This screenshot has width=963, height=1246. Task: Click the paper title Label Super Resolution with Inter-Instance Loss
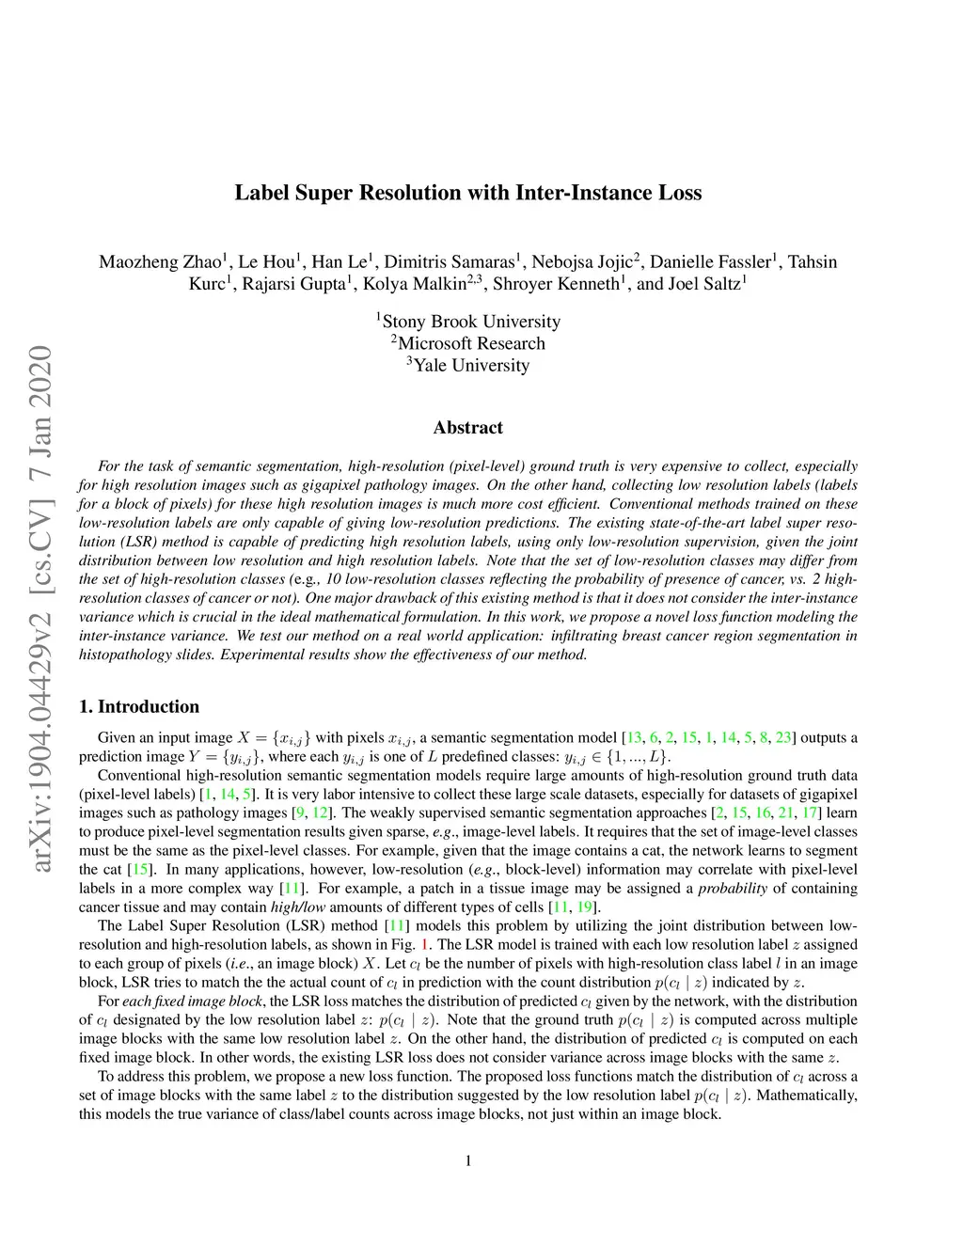[467, 193]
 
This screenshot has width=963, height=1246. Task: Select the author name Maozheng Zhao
[160, 261]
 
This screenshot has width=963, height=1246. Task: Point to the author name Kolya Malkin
[414, 283]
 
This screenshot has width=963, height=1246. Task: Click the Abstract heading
[467, 428]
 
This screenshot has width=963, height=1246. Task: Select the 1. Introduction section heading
[139, 706]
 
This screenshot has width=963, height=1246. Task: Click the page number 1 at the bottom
[468, 1160]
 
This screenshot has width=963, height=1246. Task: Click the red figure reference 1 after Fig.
[425, 945]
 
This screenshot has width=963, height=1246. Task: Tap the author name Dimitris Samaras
[449, 261]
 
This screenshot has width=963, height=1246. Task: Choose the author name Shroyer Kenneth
[556, 283]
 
